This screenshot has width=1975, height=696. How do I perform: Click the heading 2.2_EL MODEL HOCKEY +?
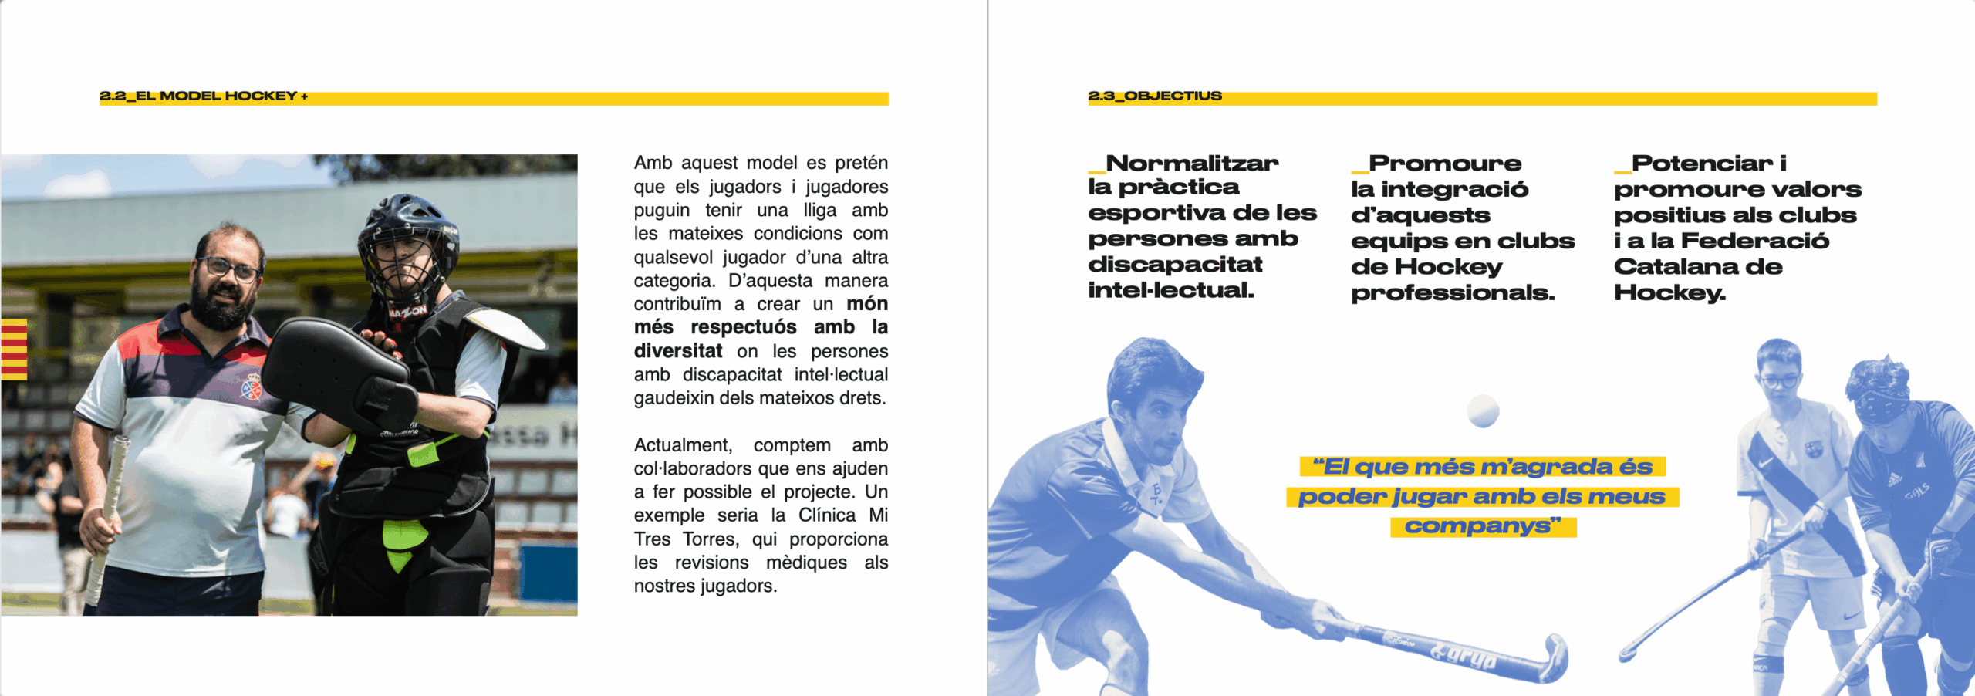pos(204,96)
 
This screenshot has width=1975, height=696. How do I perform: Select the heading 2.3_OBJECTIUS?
pos(1155,96)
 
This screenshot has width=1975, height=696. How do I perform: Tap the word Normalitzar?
pos(1192,164)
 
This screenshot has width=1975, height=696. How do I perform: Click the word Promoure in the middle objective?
pos(1445,164)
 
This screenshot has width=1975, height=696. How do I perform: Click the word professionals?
pos(1453,293)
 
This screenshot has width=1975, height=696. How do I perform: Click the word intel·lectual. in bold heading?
pos(1171,291)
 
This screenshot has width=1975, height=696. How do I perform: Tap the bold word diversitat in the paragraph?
pos(678,351)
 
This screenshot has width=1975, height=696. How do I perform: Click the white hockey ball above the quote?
pos(1483,411)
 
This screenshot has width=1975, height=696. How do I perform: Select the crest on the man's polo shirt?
pos(252,387)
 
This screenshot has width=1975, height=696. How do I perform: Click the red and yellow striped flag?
pos(14,350)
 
